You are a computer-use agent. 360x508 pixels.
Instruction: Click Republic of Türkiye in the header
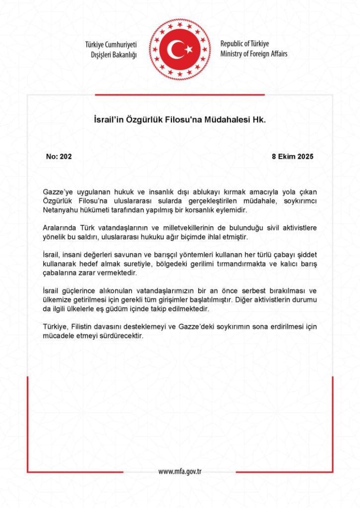pos(244,44)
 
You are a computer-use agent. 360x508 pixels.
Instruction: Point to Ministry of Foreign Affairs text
pos(254,54)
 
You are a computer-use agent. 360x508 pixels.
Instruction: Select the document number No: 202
pos(59,156)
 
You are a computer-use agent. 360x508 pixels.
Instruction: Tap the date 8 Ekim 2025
pos(292,156)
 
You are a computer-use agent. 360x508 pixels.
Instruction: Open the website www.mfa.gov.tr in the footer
pos(180,471)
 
